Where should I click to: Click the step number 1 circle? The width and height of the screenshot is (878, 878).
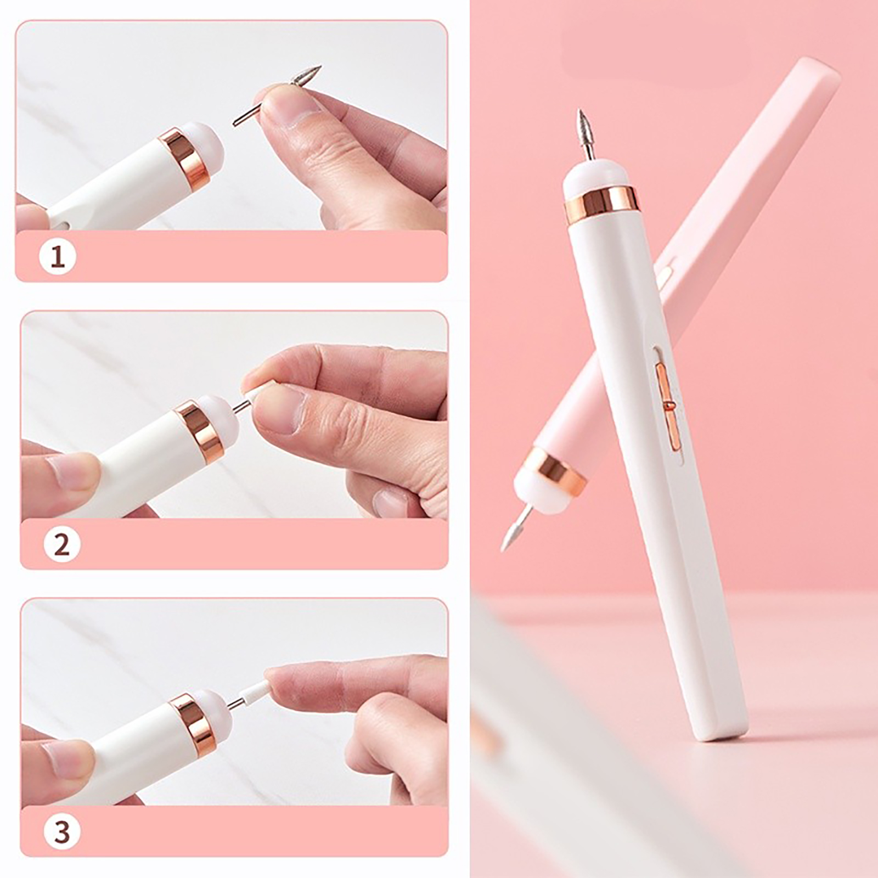[58, 256]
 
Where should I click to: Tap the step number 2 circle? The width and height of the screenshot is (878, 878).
[62, 545]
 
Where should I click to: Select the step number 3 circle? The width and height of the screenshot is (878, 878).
[62, 832]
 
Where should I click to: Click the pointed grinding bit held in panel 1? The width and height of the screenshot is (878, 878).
[278, 95]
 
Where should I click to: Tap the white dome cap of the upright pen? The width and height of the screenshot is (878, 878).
[596, 176]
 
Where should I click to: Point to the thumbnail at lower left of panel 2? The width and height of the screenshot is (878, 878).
[71, 471]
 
